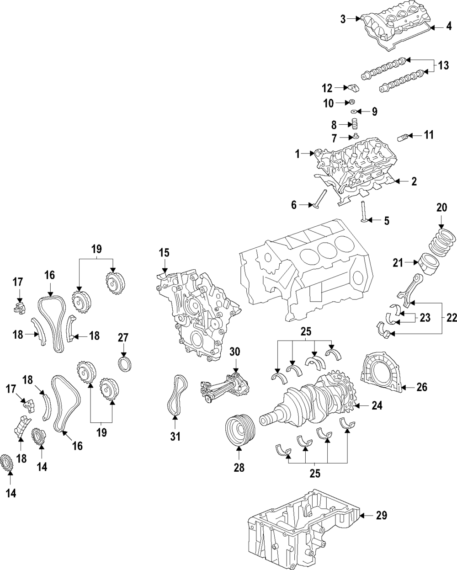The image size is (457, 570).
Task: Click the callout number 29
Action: [x=382, y=516]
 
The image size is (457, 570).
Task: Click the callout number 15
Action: [x=164, y=252]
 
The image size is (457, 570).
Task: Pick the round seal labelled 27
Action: [x=125, y=364]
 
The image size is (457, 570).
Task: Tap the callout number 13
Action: [x=443, y=66]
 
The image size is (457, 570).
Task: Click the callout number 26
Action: [x=422, y=388]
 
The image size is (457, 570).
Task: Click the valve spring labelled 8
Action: [x=354, y=124]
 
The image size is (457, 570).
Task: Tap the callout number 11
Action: [x=429, y=135]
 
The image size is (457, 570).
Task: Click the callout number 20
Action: [x=441, y=208]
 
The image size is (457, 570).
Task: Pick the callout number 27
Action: [x=123, y=338]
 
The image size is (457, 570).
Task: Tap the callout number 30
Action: [x=235, y=352]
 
